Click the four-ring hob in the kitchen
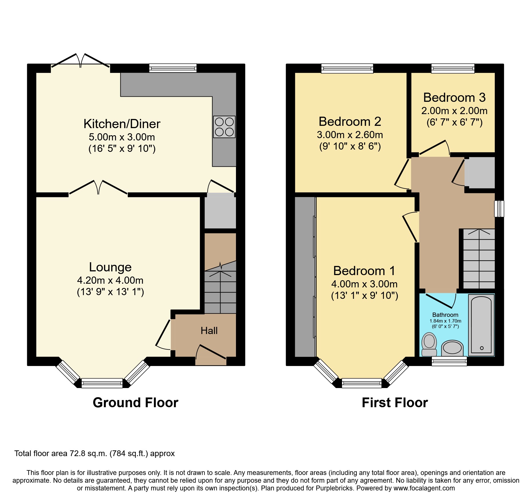[x=224, y=127]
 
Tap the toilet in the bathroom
[x=429, y=344]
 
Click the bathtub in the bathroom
[x=481, y=325]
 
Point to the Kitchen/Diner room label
[x=122, y=124]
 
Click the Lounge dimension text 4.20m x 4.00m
[x=110, y=280]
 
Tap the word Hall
[x=209, y=331]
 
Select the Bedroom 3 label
[x=454, y=98]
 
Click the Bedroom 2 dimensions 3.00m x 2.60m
[x=350, y=135]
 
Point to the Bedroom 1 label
[x=364, y=271]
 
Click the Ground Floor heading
[x=135, y=403]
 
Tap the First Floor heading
[x=395, y=403]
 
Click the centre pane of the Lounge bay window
[x=102, y=383]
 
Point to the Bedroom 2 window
[x=347, y=68]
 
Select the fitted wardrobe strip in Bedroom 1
[x=305, y=277]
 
